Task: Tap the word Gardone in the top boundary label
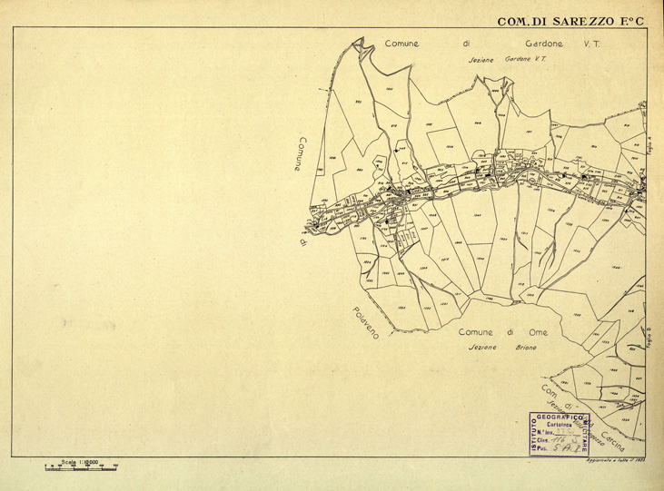pyautogui.click(x=539, y=43)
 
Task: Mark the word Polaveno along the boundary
pyautogui.click(x=368, y=323)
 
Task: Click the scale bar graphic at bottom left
pyautogui.click(x=82, y=467)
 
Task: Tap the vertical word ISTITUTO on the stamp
pyautogui.click(x=534, y=433)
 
